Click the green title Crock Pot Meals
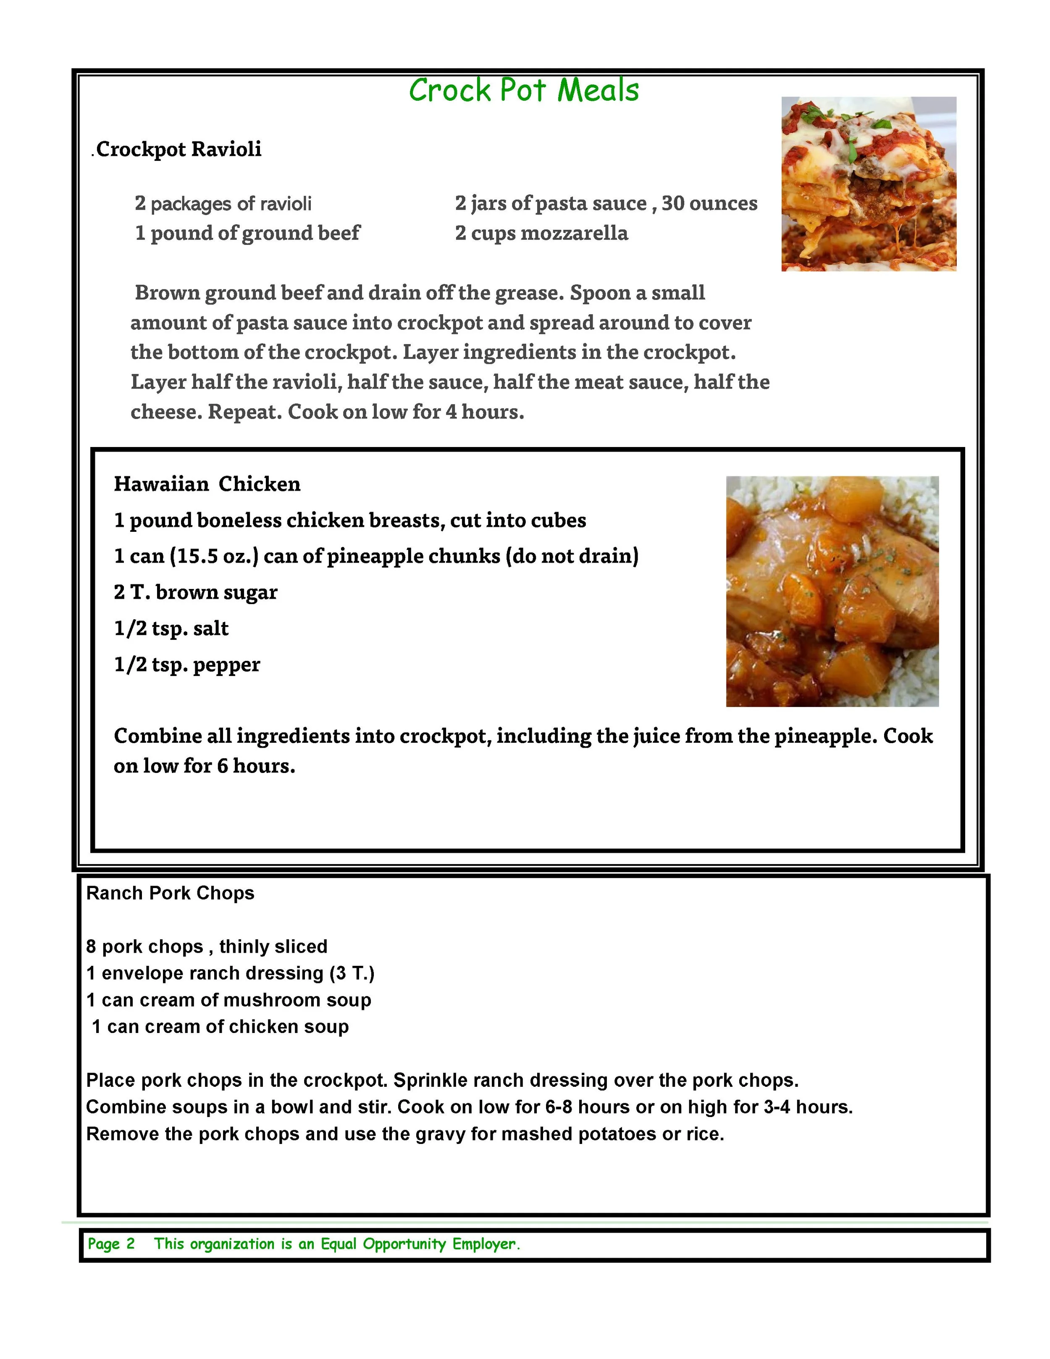(x=524, y=91)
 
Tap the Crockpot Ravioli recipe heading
(x=178, y=149)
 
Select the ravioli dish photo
(x=869, y=184)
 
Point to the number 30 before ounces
(x=673, y=203)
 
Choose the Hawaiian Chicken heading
(x=207, y=484)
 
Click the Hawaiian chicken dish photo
(x=832, y=591)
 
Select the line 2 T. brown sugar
(x=195, y=592)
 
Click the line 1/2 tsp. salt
(x=171, y=628)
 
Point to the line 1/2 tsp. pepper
(x=186, y=665)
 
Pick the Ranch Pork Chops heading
(x=170, y=894)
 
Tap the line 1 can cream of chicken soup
(x=220, y=1027)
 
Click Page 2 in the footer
(x=111, y=1244)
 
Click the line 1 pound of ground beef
(x=247, y=233)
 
